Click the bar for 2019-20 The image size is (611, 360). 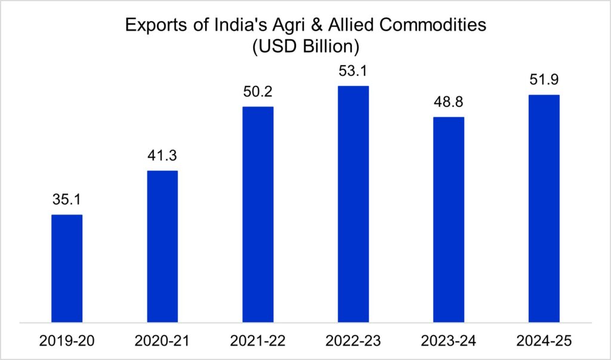click(67, 269)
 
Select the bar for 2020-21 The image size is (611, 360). click(162, 247)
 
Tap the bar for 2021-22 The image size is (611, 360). click(258, 214)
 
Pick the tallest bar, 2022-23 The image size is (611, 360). click(353, 204)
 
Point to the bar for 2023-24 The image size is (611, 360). click(449, 220)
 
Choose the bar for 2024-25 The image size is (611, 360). click(544, 208)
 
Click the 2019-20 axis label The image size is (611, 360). click(67, 341)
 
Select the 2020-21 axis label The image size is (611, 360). click(162, 341)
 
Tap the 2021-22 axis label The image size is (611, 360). click(258, 341)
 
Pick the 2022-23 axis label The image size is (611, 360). click(353, 341)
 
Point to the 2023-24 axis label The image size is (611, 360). click(449, 341)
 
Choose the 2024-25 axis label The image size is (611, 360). click(544, 341)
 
